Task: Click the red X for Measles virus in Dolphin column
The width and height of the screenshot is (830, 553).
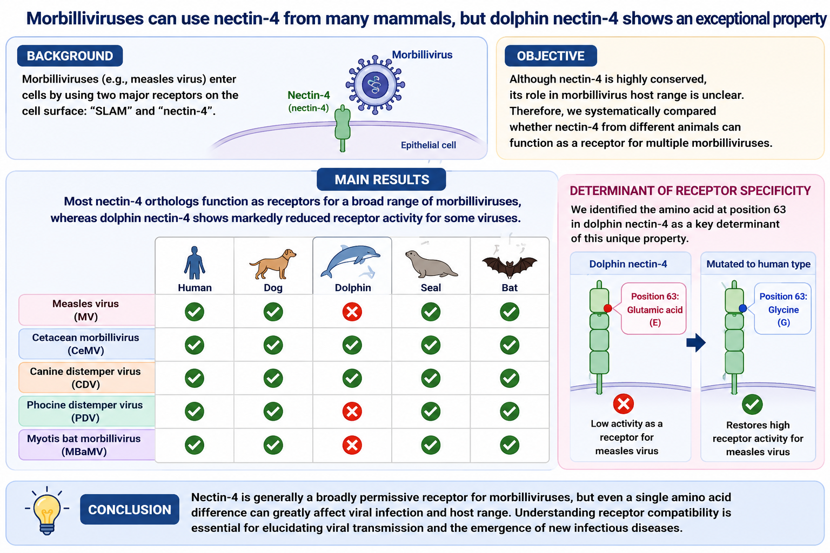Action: [x=352, y=312]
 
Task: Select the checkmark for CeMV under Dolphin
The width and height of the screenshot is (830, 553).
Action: [x=352, y=345]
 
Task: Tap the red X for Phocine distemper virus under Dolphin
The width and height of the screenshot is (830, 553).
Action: [x=352, y=411]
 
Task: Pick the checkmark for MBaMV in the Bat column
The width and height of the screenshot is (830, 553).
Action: [x=510, y=445]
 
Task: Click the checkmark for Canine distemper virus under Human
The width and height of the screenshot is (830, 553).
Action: [x=195, y=378]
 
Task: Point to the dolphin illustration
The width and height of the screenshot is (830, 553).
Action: [x=351, y=261]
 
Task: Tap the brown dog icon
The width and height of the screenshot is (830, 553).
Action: [x=273, y=264]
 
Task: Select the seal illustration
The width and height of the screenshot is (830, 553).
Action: [x=431, y=264]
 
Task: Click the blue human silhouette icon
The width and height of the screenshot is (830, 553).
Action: [x=195, y=262]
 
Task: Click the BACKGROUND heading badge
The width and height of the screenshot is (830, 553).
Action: [x=70, y=56]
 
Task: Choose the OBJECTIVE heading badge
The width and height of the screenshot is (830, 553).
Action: [x=551, y=56]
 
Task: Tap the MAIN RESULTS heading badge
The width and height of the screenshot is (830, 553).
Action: [x=381, y=180]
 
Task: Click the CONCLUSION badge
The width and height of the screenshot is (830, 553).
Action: [x=130, y=510]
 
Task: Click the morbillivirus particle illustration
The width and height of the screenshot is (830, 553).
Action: [x=375, y=85]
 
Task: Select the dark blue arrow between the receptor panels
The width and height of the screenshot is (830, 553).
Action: [x=696, y=342]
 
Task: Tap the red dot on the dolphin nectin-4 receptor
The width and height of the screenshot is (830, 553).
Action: [x=608, y=308]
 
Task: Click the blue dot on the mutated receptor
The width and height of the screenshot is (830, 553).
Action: [x=742, y=308]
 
